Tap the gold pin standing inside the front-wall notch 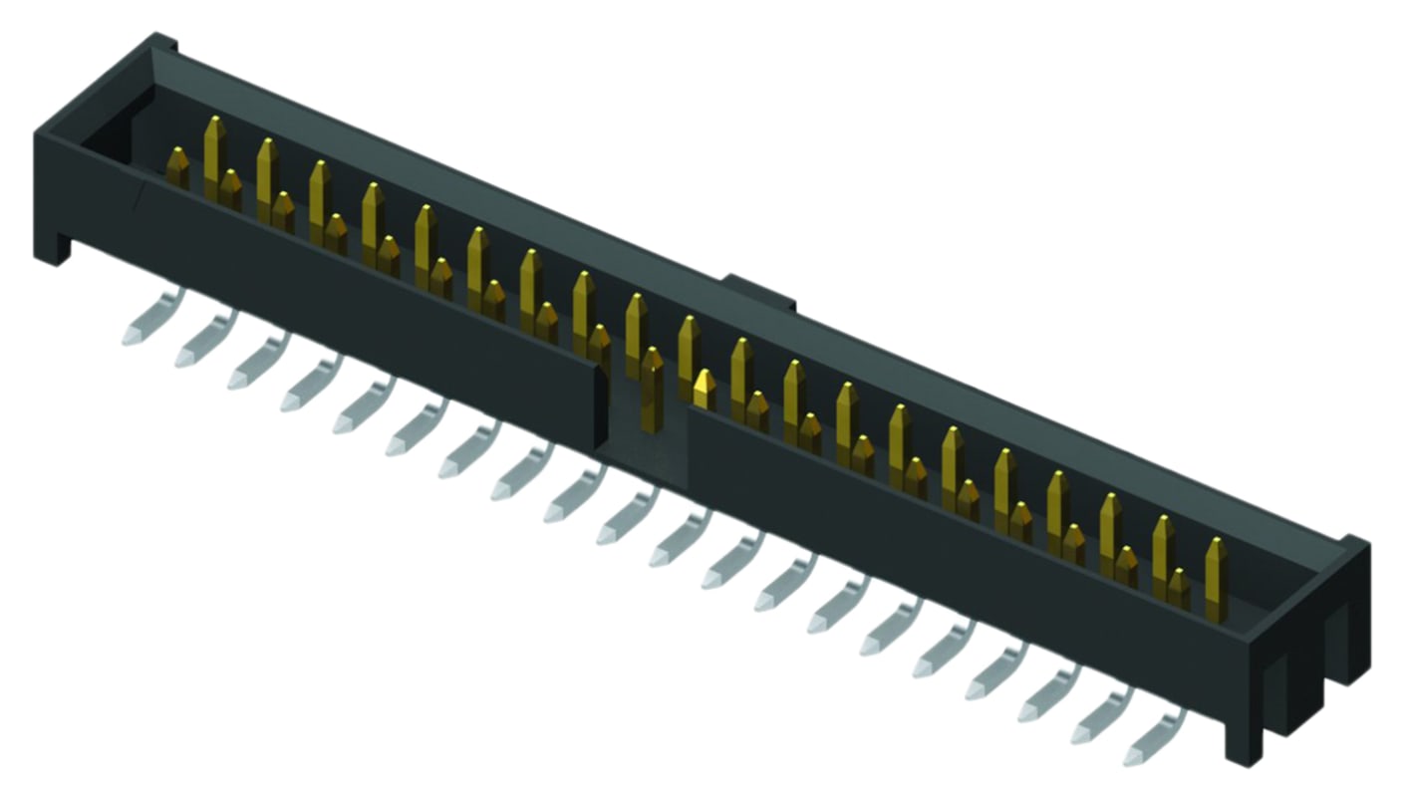pos(653,384)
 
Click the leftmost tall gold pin pos(214,154)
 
